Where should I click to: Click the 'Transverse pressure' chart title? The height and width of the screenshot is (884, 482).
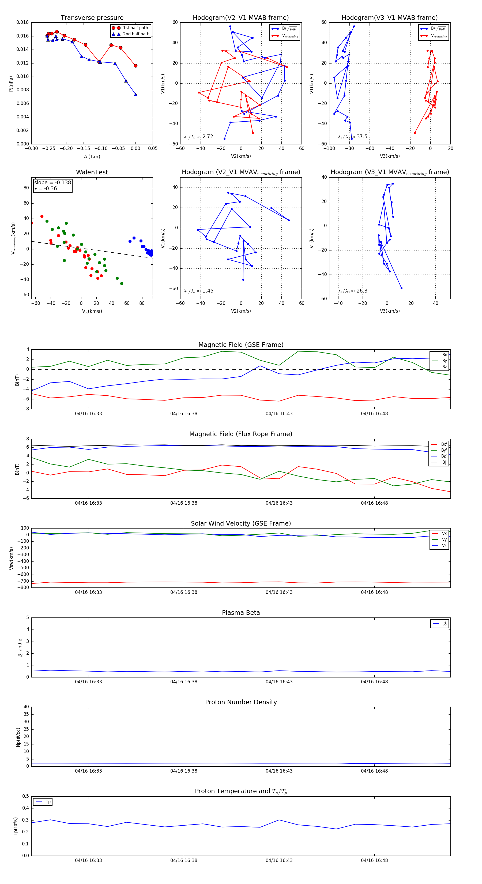92,18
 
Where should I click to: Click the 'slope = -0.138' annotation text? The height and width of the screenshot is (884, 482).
52,183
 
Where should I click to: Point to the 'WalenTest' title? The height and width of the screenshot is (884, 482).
92,172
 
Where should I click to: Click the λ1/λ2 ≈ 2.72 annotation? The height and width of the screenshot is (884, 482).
198,137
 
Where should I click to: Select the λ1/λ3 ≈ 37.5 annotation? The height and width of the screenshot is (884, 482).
352,137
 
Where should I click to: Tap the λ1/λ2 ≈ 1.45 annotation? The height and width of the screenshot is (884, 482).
198,291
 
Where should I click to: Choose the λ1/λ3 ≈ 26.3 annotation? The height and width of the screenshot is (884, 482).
352,291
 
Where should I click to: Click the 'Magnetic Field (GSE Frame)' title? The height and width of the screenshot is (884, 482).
241,345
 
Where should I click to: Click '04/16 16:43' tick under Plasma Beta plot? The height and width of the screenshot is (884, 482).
279,681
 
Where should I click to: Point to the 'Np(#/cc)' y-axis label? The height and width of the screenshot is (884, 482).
18,737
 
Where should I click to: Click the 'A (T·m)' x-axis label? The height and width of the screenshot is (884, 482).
92,157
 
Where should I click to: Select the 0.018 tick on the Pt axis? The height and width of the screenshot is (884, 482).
23,22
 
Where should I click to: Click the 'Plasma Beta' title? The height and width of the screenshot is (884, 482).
241,613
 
